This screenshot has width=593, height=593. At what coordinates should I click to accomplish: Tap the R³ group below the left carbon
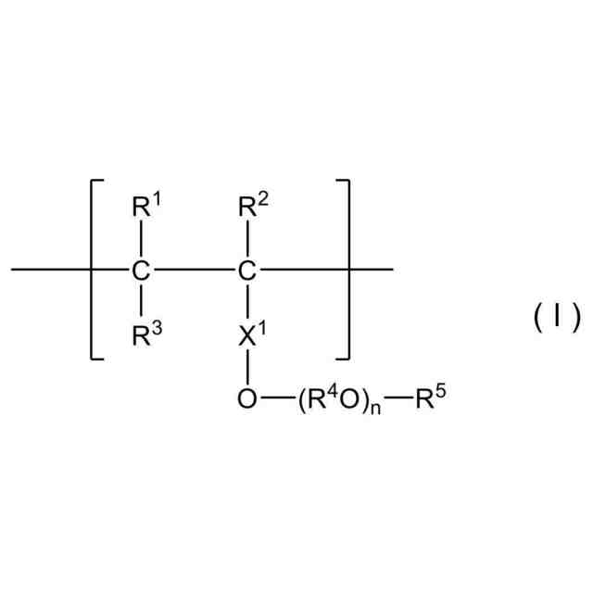point(145,334)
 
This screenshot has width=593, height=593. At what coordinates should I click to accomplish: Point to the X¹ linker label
point(250,334)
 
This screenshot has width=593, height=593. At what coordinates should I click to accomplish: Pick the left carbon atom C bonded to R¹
point(141,271)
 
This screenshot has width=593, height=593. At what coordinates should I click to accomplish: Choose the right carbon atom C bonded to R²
point(246,271)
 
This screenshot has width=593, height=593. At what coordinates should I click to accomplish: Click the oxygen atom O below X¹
point(246,400)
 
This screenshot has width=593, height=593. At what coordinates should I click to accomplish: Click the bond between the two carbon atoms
point(194,271)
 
